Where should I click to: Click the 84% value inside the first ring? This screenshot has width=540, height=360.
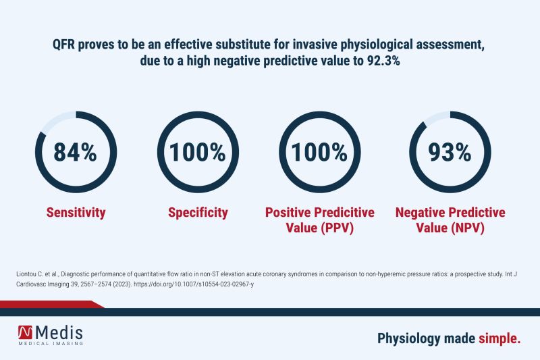click(x=76, y=152)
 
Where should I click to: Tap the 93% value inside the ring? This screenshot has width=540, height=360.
click(x=450, y=152)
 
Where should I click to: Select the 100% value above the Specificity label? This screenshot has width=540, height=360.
click(x=198, y=152)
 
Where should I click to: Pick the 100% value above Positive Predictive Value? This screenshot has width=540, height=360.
click(x=319, y=152)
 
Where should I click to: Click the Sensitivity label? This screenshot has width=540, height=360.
click(x=76, y=213)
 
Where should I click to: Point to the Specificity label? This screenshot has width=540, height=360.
click(x=198, y=213)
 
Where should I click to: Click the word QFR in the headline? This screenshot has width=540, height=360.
click(x=66, y=45)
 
